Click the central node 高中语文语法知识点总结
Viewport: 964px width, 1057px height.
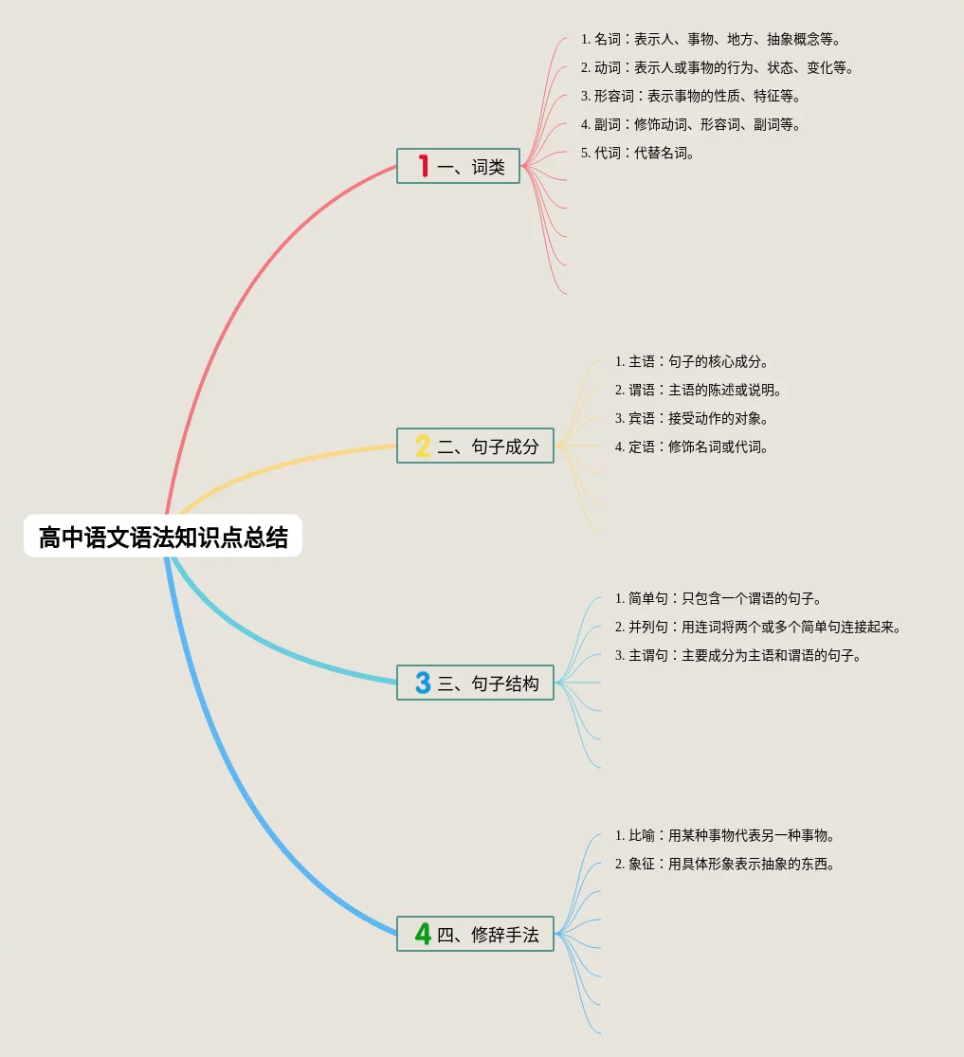(x=163, y=537)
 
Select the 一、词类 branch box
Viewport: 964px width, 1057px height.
(x=459, y=167)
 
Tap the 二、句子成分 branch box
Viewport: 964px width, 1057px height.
(x=475, y=446)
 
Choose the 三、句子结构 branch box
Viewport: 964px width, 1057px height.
(x=475, y=683)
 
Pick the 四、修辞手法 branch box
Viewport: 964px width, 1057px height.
(x=475, y=934)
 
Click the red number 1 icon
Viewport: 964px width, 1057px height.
(x=423, y=167)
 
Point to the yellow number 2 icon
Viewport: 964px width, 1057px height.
(x=423, y=446)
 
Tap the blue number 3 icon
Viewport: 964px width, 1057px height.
(x=423, y=683)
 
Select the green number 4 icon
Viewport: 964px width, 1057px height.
(x=423, y=934)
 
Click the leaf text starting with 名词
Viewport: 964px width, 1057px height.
(x=711, y=40)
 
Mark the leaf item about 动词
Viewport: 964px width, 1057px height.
(x=718, y=68)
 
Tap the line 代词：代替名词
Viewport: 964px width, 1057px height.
(x=638, y=154)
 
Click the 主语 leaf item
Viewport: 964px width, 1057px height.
(x=691, y=362)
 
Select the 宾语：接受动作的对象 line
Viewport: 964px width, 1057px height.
(x=691, y=419)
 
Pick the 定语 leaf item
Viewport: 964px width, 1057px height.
(x=691, y=447)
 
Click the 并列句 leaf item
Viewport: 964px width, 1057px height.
(x=757, y=628)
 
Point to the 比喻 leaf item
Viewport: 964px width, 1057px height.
(x=724, y=836)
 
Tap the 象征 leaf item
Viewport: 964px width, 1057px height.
(x=724, y=865)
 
